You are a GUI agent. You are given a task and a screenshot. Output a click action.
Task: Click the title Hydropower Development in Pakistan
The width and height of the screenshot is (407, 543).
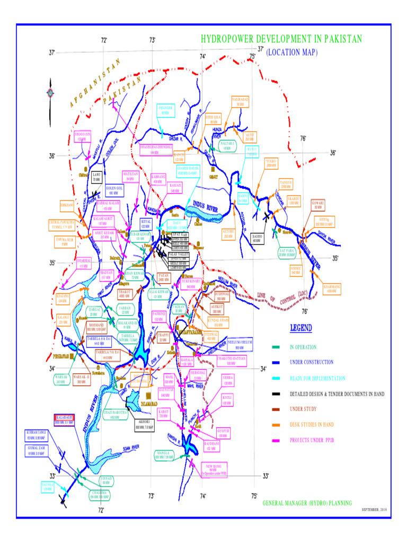[x=281, y=39]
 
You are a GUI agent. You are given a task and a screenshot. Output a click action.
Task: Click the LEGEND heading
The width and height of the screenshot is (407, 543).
[x=300, y=328]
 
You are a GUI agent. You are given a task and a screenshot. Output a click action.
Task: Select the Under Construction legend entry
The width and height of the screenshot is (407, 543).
[x=311, y=362]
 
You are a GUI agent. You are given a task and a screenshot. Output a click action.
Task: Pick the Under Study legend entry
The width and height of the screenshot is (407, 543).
[x=304, y=409]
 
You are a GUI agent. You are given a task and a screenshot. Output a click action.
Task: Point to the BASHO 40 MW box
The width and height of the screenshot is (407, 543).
[x=256, y=239]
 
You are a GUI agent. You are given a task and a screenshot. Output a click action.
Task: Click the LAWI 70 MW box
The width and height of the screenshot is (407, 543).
[x=96, y=177]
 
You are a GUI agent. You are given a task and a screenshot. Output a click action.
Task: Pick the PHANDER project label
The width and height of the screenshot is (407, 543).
[x=166, y=110]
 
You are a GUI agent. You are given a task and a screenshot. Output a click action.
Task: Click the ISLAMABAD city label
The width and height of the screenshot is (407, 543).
[x=141, y=403]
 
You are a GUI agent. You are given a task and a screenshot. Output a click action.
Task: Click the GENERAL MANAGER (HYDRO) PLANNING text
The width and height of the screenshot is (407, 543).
[x=307, y=502]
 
